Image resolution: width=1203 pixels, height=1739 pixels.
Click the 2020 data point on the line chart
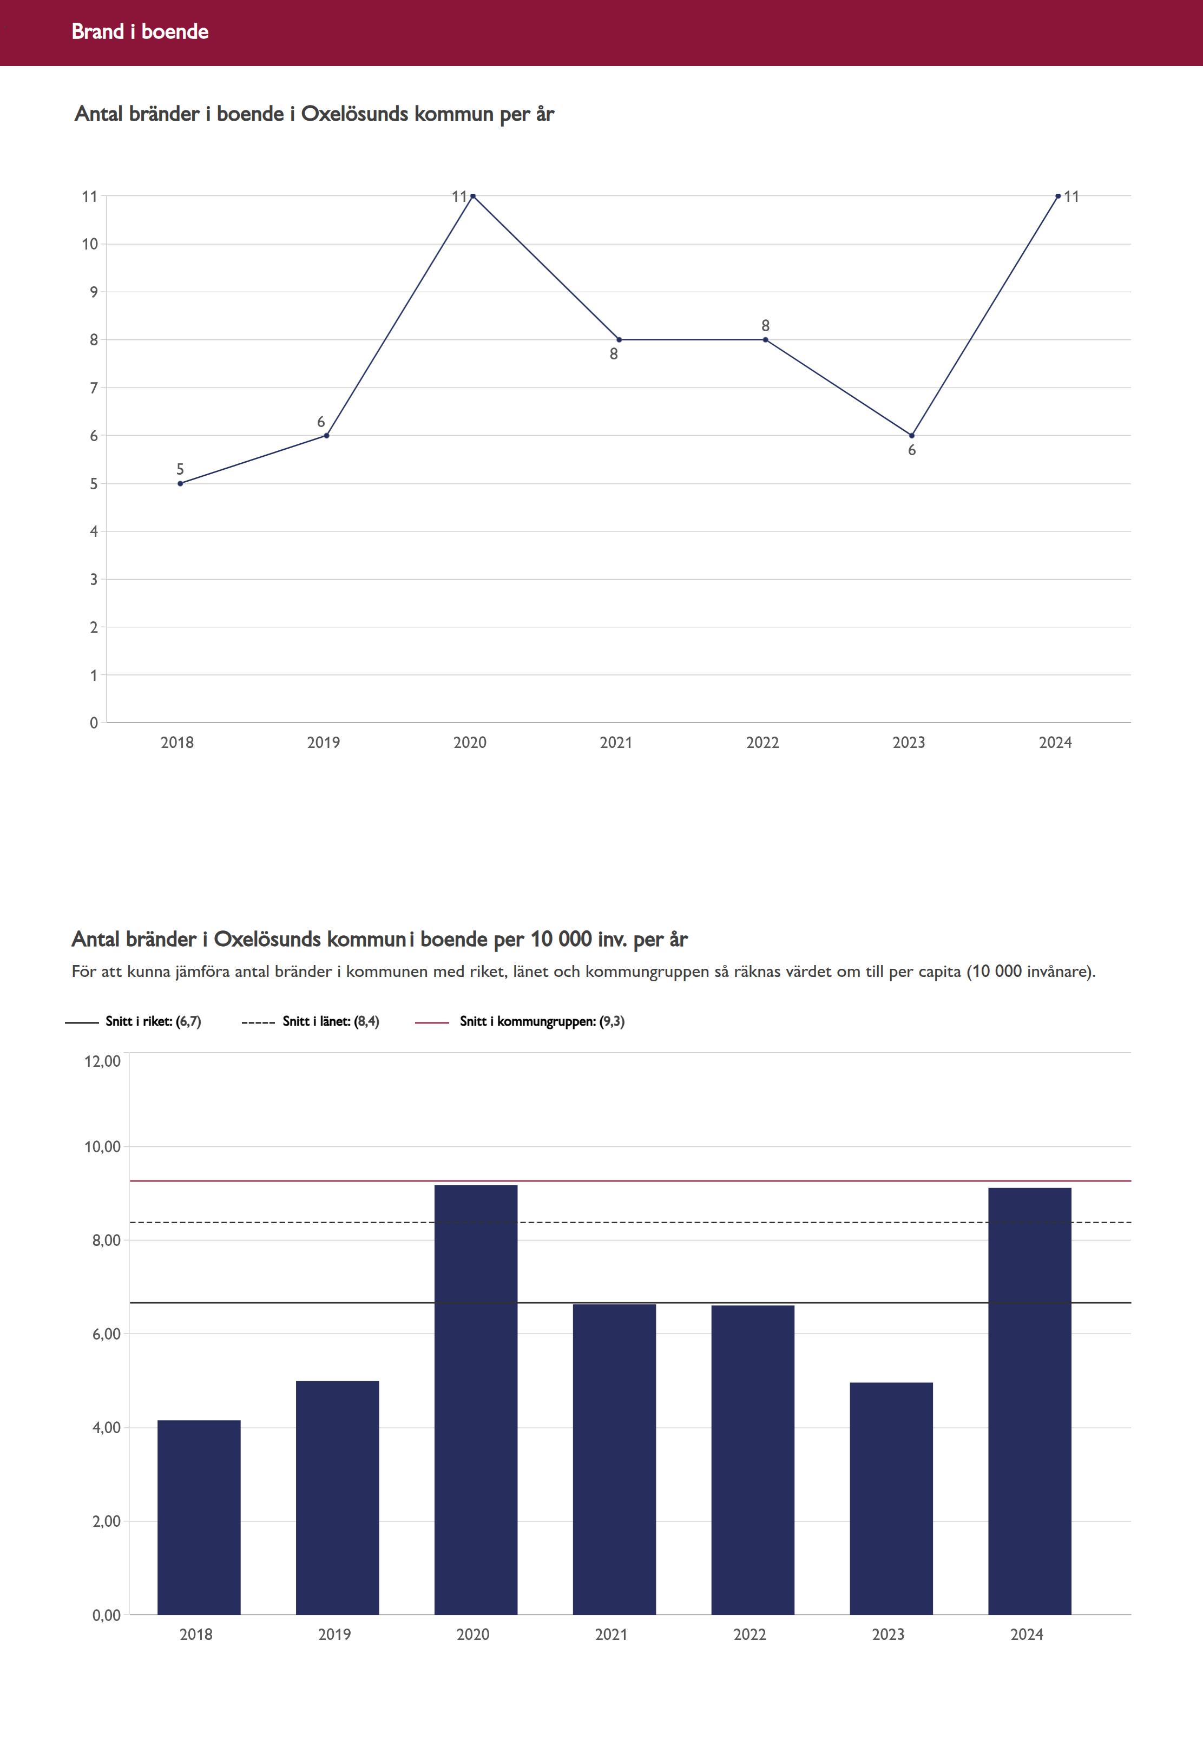(472, 196)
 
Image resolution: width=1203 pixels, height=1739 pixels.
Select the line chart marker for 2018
(180, 483)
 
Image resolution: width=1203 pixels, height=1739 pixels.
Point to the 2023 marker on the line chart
(911, 436)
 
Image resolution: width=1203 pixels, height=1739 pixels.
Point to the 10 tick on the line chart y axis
(90, 244)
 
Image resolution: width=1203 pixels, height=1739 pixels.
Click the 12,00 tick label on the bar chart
(102, 1061)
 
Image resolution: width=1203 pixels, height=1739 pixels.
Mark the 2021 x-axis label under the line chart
(616, 743)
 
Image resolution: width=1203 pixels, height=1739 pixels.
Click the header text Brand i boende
(140, 31)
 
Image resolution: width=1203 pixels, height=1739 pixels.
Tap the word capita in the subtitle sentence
(939, 972)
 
